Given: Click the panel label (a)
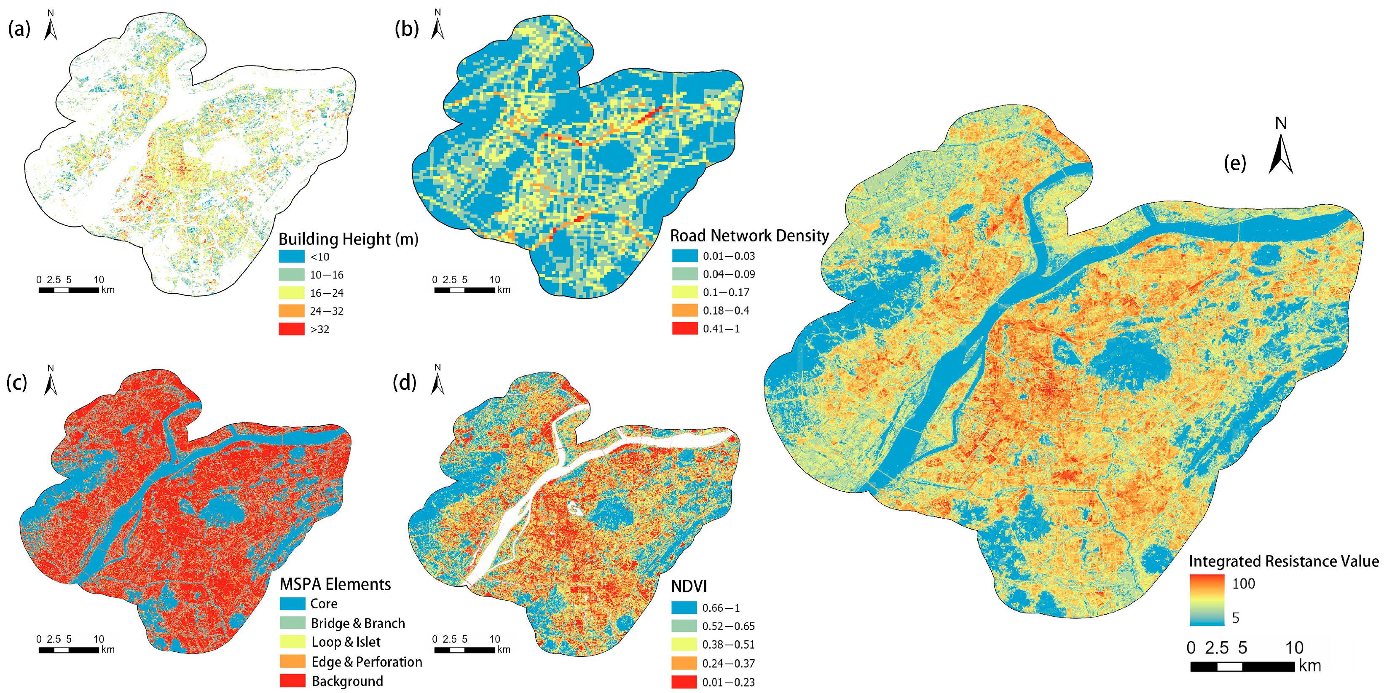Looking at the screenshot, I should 19,29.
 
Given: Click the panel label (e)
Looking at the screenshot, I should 1235,162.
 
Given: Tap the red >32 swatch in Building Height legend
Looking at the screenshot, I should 291,329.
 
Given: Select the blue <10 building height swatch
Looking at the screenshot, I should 291,256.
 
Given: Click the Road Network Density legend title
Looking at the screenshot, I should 749,235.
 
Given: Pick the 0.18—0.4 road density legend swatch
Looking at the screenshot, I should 684,310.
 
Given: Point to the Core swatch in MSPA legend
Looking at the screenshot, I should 292,603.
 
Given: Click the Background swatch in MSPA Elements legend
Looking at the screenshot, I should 292,681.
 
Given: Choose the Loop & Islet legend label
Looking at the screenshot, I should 346,642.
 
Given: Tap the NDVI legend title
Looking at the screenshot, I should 689,586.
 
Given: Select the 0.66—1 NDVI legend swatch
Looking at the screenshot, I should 684,607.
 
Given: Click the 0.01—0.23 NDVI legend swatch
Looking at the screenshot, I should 684,682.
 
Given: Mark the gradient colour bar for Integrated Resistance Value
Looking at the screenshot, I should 1207,600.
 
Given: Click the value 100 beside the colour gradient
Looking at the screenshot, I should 1243,583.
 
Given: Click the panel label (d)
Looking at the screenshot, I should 405,382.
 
